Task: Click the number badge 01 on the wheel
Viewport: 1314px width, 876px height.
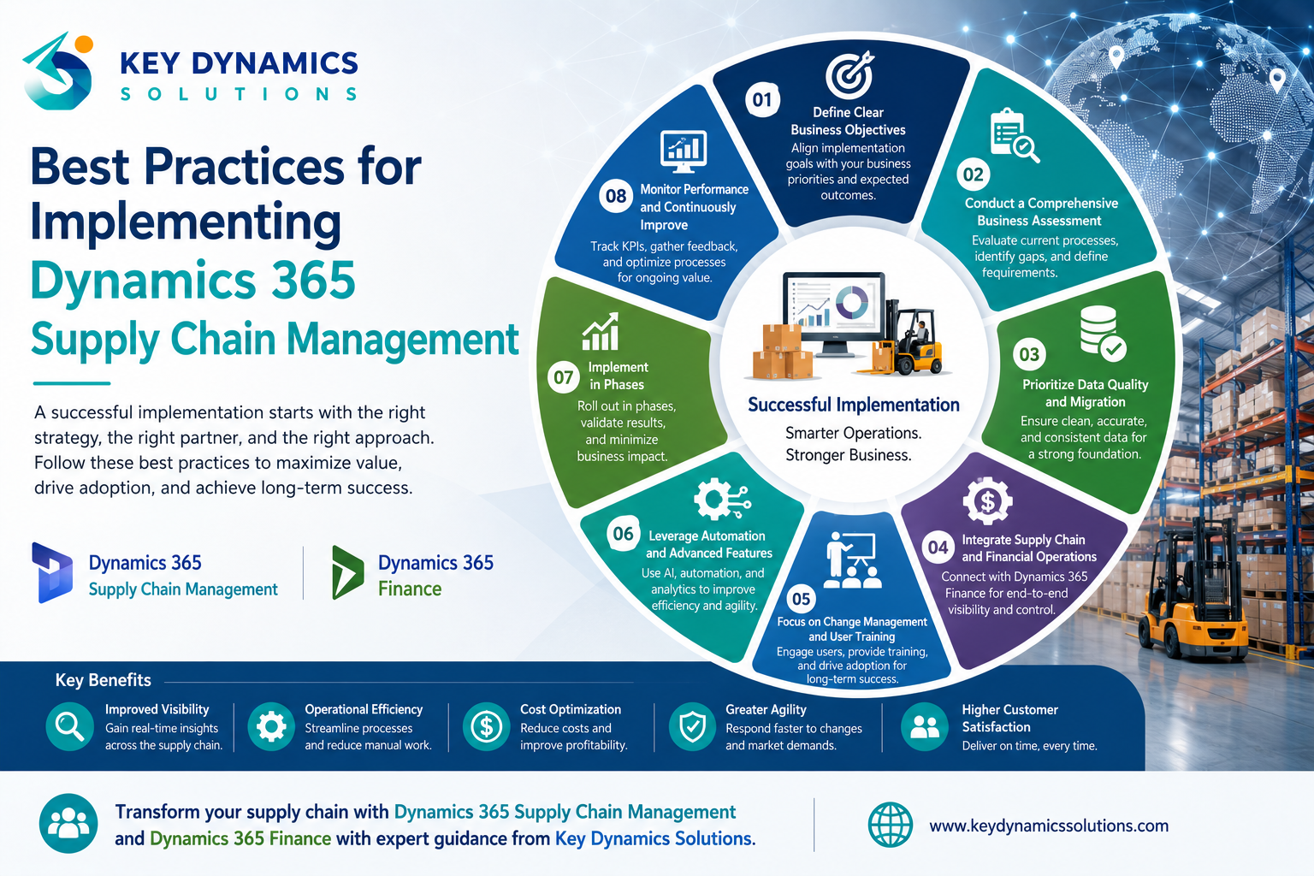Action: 762,100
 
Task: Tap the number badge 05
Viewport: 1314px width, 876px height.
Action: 801,599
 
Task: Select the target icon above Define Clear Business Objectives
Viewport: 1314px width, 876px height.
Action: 850,74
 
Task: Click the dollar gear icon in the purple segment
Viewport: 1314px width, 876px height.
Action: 988,500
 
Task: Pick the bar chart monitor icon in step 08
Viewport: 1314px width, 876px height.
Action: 684,151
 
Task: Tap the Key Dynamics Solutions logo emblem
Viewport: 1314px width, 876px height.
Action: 58,71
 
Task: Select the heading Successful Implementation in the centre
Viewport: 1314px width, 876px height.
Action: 854,405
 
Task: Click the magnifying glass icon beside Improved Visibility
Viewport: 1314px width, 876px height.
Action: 70,727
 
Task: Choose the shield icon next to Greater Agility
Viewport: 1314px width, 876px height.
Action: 692,727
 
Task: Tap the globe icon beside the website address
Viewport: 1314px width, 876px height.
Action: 891,825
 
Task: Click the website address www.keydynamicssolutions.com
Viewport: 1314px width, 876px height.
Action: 1049,826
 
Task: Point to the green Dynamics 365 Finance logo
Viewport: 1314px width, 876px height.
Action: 347,572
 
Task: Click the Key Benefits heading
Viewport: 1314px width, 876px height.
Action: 104,680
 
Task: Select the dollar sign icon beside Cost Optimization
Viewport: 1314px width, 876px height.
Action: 486,727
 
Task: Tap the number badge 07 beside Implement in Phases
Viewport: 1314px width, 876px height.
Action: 563,376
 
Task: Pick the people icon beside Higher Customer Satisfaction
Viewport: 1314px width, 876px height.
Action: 925,727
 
